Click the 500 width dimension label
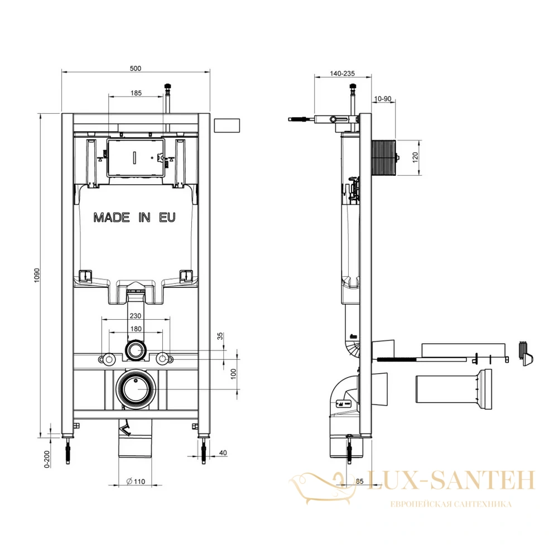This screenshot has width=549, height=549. [136, 68]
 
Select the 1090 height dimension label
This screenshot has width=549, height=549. [37, 276]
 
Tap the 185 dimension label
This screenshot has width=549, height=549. [136, 93]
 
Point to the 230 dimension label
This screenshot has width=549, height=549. [136, 316]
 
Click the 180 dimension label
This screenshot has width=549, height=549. [136, 329]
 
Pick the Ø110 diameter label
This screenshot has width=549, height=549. [136, 481]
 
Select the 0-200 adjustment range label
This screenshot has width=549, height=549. [47, 459]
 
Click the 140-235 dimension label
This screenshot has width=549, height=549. [343, 74]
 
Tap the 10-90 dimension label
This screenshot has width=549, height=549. [383, 99]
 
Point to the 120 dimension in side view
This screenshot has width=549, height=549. [416, 157]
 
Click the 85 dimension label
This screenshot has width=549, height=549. [359, 481]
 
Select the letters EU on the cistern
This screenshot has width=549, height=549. [167, 218]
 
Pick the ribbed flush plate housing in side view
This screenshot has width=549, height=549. [384, 157]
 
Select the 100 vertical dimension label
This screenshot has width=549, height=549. [234, 374]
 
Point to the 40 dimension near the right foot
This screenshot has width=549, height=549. [223, 452]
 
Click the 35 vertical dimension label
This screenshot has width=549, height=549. [220, 336]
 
